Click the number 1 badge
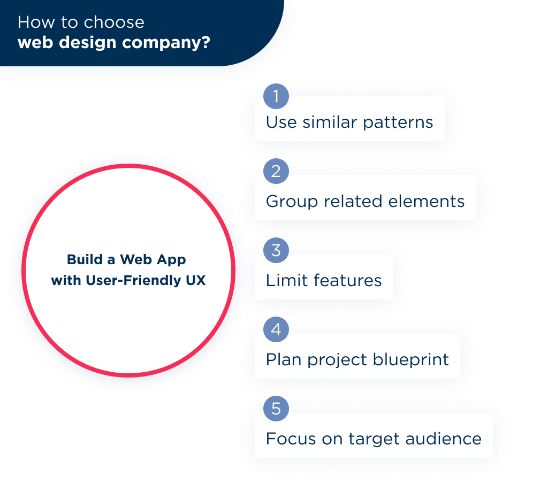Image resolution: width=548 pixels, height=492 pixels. pos(276,96)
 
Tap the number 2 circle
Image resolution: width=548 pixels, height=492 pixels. pos(276,172)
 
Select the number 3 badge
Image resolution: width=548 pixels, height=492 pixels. pos(276,251)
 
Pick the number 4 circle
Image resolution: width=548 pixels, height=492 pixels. pos(276,329)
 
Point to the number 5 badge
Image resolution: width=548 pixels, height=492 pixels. pos(276,409)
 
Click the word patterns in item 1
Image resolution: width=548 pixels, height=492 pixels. pos(398,122)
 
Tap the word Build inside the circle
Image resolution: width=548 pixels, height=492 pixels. pos(84,259)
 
